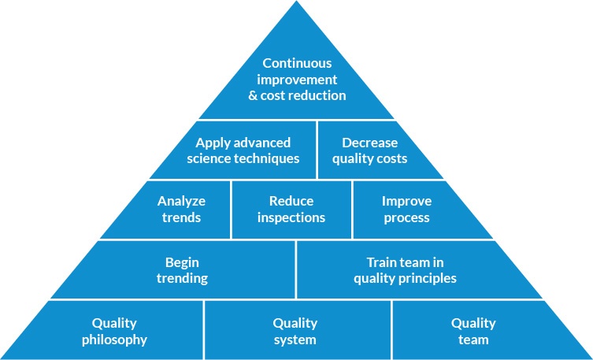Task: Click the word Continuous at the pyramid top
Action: coord(297,63)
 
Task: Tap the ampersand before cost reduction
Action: coord(253,95)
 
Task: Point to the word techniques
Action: coord(266,159)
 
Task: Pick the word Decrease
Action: coord(370,143)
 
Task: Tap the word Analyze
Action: coord(182,201)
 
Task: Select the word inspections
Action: coord(291,218)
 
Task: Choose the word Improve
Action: coord(406,201)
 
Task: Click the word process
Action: coord(406,218)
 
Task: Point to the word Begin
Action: coord(182,262)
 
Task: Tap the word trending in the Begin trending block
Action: coord(182,279)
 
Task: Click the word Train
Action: coord(384,262)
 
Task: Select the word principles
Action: coord(428,279)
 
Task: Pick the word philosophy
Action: coord(115,340)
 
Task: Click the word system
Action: coord(295,340)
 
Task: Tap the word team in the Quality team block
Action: coord(473,340)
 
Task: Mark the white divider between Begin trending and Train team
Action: coord(296,269)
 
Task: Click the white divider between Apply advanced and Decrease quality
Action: coord(317,150)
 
